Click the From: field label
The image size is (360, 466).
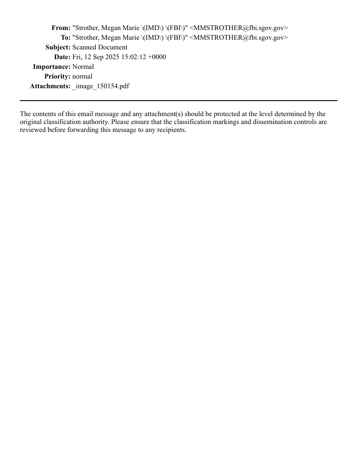61,28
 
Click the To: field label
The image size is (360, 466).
66,38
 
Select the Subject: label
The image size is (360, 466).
58,47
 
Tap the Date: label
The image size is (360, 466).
62,57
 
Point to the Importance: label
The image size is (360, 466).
52,67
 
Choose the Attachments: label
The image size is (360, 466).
50,86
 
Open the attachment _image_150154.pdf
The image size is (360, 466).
101,86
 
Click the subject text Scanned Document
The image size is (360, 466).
100,47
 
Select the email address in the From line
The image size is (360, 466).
239,28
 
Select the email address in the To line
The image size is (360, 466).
239,38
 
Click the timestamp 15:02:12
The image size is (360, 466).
134,57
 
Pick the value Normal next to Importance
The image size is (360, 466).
83,67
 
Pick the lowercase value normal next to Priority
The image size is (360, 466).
82,76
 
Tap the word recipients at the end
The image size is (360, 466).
171,130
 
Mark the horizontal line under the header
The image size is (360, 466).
178,101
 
